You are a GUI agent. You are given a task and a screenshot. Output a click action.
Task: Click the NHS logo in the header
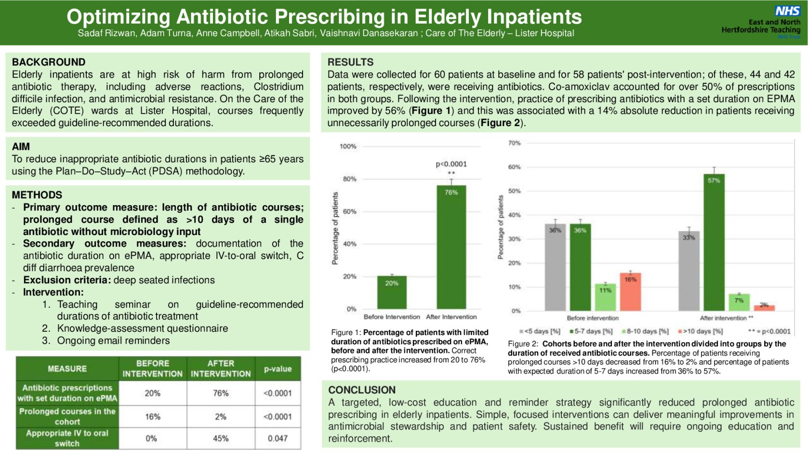(787, 11)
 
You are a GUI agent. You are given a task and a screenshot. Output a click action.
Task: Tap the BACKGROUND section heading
(49, 62)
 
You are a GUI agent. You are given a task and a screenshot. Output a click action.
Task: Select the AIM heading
(21, 146)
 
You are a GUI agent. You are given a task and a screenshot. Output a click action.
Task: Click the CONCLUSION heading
(361, 390)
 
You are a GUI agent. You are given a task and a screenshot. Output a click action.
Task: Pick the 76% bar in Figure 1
(451, 246)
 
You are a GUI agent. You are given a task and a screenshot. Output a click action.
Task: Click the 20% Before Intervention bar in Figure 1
(392, 292)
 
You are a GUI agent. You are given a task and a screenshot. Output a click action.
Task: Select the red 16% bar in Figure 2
(630, 292)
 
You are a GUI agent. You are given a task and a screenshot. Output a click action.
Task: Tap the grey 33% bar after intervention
(689, 271)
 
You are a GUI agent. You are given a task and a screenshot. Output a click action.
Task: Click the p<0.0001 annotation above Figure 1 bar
(451, 164)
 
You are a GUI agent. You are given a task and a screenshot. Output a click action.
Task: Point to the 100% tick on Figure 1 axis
(348, 146)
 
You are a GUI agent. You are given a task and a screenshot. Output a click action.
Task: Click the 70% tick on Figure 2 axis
(514, 143)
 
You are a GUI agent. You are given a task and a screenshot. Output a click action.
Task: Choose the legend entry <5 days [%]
(540, 331)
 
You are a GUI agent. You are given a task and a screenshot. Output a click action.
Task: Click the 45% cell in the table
(221, 439)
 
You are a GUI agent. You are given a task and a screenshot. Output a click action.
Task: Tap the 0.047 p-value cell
(278, 439)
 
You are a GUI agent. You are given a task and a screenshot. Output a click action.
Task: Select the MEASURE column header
(67, 369)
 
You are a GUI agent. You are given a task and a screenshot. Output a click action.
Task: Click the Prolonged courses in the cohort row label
(67, 416)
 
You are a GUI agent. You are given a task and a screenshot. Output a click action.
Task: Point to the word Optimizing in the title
(118, 17)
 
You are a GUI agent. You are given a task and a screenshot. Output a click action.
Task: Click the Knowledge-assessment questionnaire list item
(142, 328)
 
